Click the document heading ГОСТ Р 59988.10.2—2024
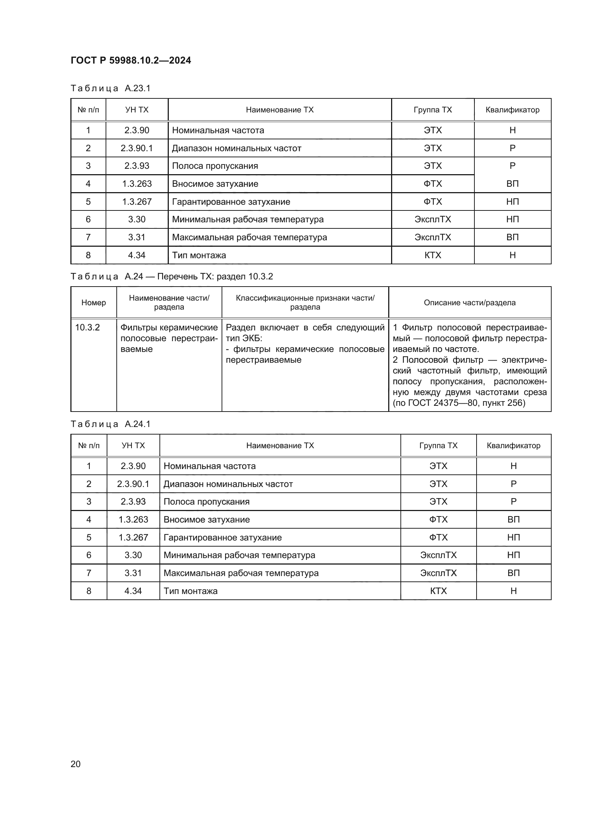click(x=131, y=60)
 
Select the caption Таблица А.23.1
click(x=110, y=88)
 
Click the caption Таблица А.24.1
click(x=110, y=424)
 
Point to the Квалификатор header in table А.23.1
click(x=512, y=110)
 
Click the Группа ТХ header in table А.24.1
click(x=438, y=445)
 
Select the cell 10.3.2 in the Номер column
click(x=87, y=327)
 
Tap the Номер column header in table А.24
click(x=94, y=302)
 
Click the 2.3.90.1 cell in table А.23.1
click(x=137, y=148)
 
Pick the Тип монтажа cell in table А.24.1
click(x=190, y=591)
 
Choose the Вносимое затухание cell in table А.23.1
click(x=215, y=184)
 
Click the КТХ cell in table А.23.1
click(x=433, y=255)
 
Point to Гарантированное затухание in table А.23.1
click(x=231, y=201)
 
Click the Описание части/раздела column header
click(x=470, y=302)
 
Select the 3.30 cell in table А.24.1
click(x=133, y=555)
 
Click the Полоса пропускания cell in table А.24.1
click(x=206, y=502)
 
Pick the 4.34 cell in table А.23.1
click(x=137, y=255)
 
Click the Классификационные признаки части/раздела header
click(x=305, y=302)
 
